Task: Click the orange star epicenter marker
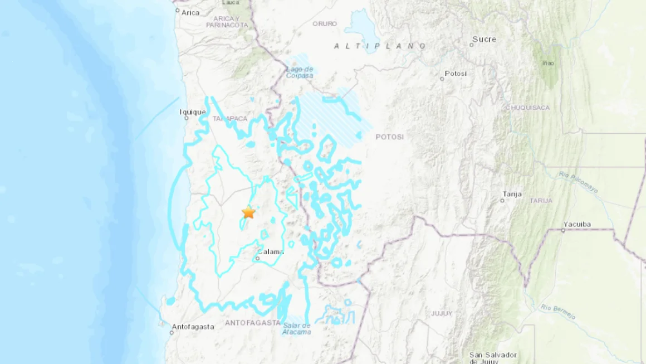(x=248, y=212)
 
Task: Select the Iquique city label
(x=193, y=112)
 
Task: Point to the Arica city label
(x=190, y=13)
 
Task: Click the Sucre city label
(x=483, y=39)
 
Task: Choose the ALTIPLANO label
(x=380, y=46)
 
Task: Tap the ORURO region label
(x=325, y=24)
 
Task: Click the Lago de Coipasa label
(x=300, y=72)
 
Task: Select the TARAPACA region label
(x=229, y=118)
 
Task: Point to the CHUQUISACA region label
(x=527, y=108)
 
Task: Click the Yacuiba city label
(x=576, y=225)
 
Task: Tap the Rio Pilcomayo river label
(x=579, y=182)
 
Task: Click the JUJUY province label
(x=442, y=314)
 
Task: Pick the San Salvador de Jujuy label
(x=493, y=357)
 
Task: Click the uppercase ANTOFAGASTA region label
(x=252, y=323)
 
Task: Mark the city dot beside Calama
(x=258, y=258)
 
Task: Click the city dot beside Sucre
(x=471, y=45)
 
